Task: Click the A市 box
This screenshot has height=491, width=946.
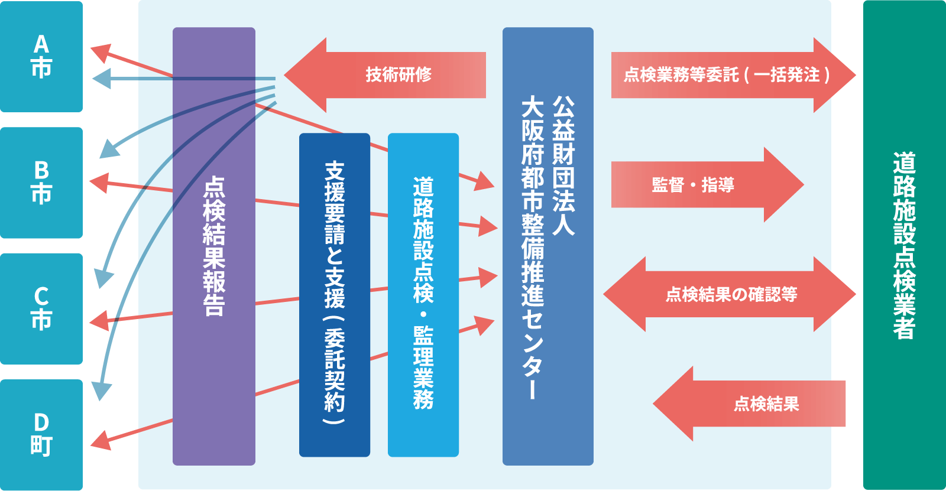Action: pyautogui.click(x=41, y=57)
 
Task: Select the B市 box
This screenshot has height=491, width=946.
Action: pyautogui.click(x=41, y=183)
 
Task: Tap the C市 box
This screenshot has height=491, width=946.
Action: pyautogui.click(x=41, y=308)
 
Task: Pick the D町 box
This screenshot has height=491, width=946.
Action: pyautogui.click(x=41, y=435)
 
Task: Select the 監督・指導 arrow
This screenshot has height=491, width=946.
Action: pyautogui.click(x=704, y=185)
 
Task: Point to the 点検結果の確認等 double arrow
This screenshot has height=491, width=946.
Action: pyautogui.click(x=730, y=294)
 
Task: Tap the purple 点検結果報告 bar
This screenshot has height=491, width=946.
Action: pyautogui.click(x=213, y=246)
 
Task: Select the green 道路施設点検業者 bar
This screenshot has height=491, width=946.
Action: pyautogui.click(x=904, y=246)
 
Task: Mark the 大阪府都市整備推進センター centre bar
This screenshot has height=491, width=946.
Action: pyautogui.click(x=547, y=246)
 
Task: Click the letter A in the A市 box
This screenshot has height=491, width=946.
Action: pyautogui.click(x=41, y=44)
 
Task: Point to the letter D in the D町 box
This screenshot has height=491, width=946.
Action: pyautogui.click(x=41, y=422)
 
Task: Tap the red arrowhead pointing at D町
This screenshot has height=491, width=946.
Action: pyautogui.click(x=101, y=441)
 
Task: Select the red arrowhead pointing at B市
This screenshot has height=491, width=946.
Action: pyautogui.click(x=99, y=182)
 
